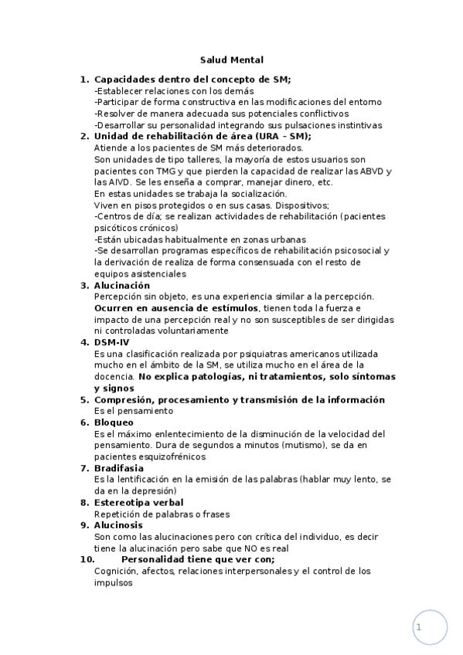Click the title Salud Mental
pos(231,59)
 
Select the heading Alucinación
pos(122,286)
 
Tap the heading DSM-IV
pos(113,342)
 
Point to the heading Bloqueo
pos(114,423)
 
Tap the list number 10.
pos(88,559)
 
